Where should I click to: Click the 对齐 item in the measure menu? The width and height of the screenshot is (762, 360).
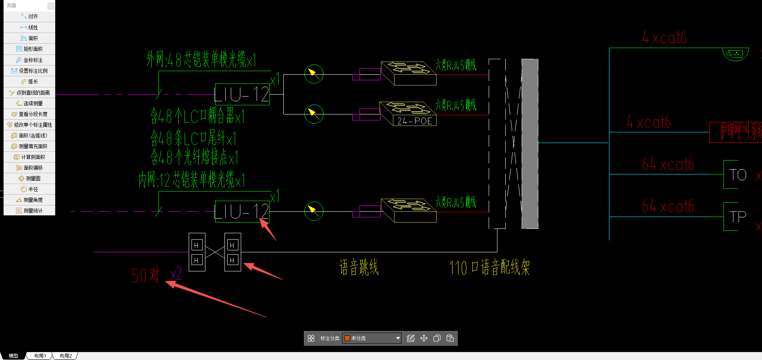pos(30,17)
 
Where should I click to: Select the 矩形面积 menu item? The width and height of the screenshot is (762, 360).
pos(30,49)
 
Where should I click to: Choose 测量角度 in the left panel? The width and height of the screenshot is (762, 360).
pos(30,200)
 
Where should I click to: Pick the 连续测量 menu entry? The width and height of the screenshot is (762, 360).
pos(30,103)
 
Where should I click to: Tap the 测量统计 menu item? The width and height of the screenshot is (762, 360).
pos(30,211)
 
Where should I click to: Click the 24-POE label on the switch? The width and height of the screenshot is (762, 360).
pos(414,121)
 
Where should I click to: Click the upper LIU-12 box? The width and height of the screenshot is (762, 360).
pos(242,95)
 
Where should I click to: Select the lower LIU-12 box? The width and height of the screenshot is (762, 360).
pos(242,211)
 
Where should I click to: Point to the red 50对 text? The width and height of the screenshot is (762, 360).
pos(145,275)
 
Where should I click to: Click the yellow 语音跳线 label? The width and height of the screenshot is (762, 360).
pos(359,267)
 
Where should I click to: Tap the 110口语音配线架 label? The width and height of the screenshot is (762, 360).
pos(489,267)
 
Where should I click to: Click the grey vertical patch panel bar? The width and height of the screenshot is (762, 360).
pos(530,144)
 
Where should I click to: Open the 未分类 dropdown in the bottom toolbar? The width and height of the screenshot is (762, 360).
pos(372,338)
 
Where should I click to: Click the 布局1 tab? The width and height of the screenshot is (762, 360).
pos(40,356)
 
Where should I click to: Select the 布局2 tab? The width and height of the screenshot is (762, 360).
pos(66,356)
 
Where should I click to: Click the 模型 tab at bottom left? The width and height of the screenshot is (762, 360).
pos(14,356)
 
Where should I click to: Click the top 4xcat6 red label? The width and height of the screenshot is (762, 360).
pos(664,38)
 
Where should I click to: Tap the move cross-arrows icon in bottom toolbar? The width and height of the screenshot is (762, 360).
pos(424,338)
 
